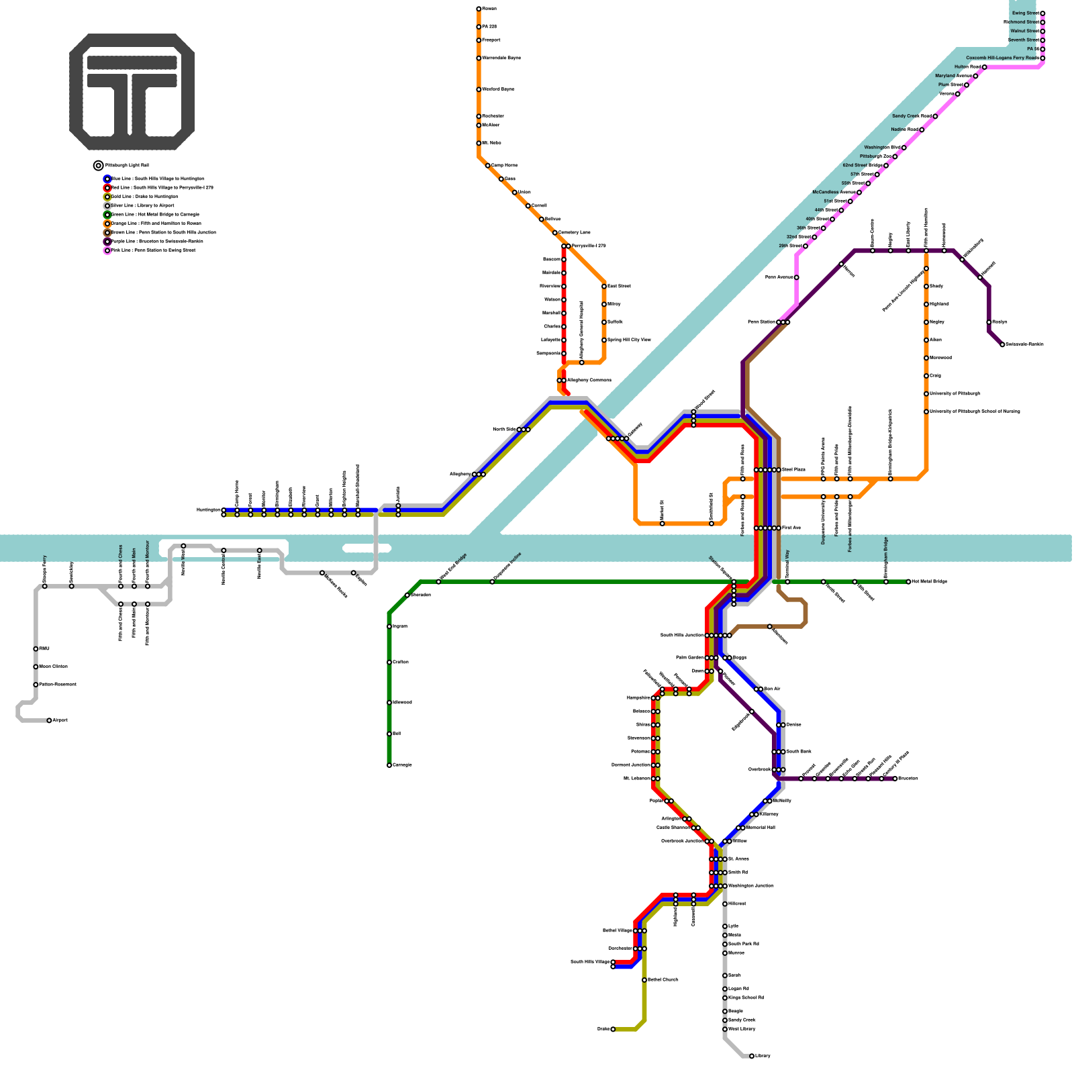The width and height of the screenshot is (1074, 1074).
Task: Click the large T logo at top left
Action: [x=132, y=92]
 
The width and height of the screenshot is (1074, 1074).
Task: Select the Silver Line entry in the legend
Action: [x=142, y=205]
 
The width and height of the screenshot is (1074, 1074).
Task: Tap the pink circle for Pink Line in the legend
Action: [x=107, y=250]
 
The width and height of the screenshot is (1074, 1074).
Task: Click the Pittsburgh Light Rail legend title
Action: [x=128, y=165]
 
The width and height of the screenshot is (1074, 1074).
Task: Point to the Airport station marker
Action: [x=50, y=720]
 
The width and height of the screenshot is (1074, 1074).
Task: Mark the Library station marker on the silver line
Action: [x=752, y=1056]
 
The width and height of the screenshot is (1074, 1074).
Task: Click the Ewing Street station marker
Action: [x=1042, y=13]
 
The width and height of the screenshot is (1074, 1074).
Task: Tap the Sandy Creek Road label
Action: [x=912, y=116]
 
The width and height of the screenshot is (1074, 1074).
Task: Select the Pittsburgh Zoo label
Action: [x=875, y=156]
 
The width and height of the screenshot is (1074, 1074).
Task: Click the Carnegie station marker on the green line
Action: [x=389, y=765]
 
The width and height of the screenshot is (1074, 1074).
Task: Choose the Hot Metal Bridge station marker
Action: [x=908, y=582]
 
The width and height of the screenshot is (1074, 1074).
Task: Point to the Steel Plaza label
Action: [x=793, y=470]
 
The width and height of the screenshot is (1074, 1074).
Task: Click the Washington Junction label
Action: [x=750, y=886]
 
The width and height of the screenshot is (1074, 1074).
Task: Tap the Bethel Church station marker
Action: [x=644, y=980]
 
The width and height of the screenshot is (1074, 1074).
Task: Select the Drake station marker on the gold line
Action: [x=613, y=1029]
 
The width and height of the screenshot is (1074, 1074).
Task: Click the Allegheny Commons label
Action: [x=589, y=381]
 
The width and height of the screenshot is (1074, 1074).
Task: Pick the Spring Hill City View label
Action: [x=628, y=340]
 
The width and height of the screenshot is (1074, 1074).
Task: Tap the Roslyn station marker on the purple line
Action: [x=989, y=322]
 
